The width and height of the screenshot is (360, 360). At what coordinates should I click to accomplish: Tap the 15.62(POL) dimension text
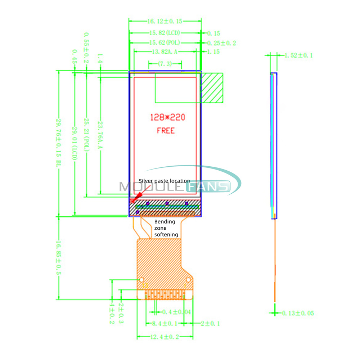pyautogui.click(x=164, y=43)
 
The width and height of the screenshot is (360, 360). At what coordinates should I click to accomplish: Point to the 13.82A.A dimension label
pyautogui.click(x=165, y=52)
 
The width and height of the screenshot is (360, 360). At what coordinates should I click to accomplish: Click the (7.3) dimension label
pyautogui.click(x=165, y=64)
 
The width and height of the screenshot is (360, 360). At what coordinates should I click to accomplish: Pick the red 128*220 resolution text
pyautogui.click(x=168, y=117)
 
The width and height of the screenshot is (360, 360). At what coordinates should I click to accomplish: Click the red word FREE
pyautogui.click(x=166, y=130)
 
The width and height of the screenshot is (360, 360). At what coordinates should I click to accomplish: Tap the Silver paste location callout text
pyautogui.click(x=165, y=181)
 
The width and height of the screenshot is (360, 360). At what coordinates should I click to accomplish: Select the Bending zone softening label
pyautogui.click(x=166, y=228)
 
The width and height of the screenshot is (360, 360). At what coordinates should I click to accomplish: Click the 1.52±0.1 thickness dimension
pyautogui.click(x=298, y=55)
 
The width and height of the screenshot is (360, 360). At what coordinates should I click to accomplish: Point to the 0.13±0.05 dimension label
pyautogui.click(x=298, y=313)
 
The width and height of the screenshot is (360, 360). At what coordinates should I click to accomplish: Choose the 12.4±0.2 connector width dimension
pyautogui.click(x=165, y=337)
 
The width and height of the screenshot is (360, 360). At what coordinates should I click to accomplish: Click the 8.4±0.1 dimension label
pyautogui.click(x=165, y=323)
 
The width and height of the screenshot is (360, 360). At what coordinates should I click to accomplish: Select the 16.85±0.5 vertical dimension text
pyautogui.click(x=59, y=258)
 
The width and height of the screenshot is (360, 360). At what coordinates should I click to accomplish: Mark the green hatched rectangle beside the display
pyautogui.click(x=212, y=88)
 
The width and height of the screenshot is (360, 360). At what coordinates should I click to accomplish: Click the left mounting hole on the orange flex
pyautogui.click(x=142, y=280)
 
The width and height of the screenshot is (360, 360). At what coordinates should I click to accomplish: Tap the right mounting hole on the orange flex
pyautogui.click(x=188, y=280)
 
